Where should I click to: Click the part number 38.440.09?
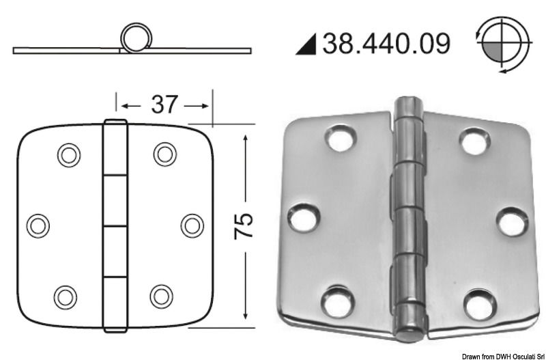(386, 44)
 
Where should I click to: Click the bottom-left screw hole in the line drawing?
(66, 295)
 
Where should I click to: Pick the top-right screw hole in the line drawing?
(164, 154)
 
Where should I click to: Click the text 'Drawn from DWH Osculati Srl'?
(502, 355)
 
